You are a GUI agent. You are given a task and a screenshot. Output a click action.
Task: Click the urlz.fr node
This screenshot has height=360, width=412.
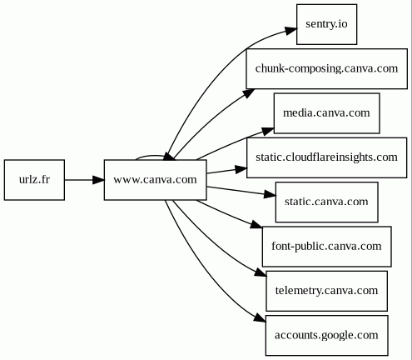pyautogui.click(x=34, y=180)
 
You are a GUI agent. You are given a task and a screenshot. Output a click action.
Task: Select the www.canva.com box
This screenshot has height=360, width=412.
pyautogui.click(x=156, y=180)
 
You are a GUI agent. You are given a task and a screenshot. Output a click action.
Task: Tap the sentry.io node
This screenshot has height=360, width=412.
pyautogui.click(x=326, y=24)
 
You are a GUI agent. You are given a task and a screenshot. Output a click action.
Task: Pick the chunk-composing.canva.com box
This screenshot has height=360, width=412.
pyautogui.click(x=327, y=69)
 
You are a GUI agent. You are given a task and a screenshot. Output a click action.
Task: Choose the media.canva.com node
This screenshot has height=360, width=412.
pyautogui.click(x=326, y=113)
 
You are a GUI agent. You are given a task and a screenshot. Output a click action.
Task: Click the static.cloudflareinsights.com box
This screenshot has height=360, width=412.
pyautogui.click(x=327, y=157)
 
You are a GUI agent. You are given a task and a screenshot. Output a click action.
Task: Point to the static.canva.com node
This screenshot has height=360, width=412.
pyautogui.click(x=326, y=202)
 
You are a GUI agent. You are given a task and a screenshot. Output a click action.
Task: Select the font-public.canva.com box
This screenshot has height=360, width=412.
pyautogui.click(x=327, y=247)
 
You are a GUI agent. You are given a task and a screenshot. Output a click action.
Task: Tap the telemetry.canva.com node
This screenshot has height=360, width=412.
pyautogui.click(x=326, y=291)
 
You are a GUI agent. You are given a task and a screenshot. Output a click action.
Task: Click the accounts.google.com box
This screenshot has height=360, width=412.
pyautogui.click(x=326, y=335)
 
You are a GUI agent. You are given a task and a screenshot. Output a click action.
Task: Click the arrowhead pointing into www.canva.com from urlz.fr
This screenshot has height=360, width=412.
pyautogui.click(x=98, y=180)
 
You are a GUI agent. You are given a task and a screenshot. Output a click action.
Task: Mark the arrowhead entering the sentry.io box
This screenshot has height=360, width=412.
pyautogui.click(x=291, y=30)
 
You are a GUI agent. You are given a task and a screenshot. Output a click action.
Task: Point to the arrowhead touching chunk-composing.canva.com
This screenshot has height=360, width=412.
pyautogui.click(x=249, y=93)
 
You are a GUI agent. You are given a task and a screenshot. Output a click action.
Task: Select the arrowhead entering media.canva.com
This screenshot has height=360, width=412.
pyautogui.click(x=268, y=131)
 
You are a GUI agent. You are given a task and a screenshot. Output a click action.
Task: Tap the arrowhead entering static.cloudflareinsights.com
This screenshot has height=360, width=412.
pyautogui.click(x=241, y=169)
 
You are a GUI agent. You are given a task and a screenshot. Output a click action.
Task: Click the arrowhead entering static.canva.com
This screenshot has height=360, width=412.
pyautogui.click(x=270, y=194)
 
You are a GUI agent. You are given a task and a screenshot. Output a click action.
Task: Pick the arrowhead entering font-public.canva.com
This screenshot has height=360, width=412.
pyautogui.click(x=256, y=224)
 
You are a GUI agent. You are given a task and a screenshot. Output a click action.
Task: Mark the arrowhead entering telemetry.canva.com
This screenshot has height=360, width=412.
pyautogui.click(x=261, y=272)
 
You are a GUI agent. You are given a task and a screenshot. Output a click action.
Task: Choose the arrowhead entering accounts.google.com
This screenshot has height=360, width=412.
pyautogui.click(x=260, y=317)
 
